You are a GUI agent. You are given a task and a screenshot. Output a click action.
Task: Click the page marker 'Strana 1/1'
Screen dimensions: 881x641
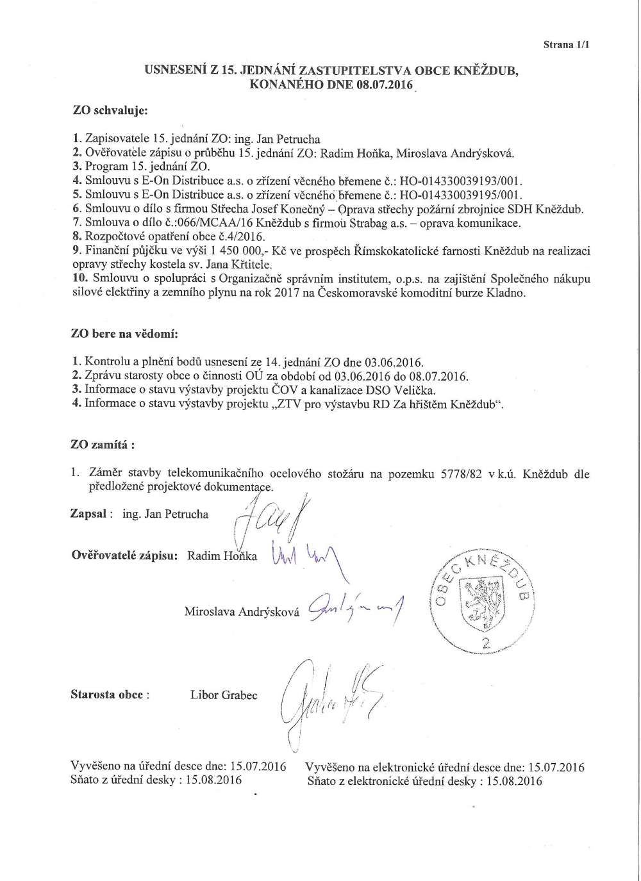tap(566, 45)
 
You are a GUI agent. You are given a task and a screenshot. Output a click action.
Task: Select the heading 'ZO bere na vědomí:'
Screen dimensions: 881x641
tap(124, 334)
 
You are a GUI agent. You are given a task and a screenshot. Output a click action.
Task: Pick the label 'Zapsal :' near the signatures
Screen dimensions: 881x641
tap(92, 513)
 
